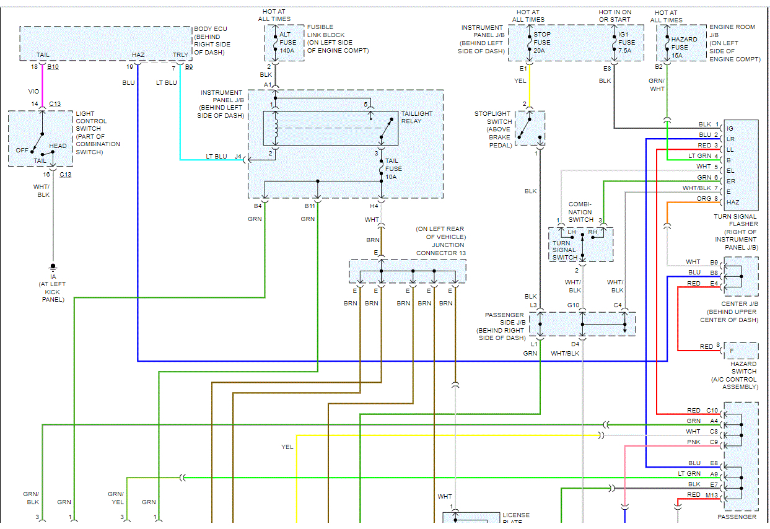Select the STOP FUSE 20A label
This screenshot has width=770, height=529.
[542, 43]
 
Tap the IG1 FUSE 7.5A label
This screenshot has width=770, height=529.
[626, 43]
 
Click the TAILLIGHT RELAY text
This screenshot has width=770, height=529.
[417, 117]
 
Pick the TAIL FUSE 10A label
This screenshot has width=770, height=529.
[393, 168]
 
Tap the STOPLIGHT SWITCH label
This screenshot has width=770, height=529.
[493, 129]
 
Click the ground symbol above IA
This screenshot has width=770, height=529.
[53, 268]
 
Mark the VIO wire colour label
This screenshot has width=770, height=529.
[33, 91]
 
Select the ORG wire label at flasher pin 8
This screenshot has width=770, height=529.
[704, 198]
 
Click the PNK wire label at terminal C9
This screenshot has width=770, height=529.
[694, 442]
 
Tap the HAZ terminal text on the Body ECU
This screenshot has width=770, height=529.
[138, 55]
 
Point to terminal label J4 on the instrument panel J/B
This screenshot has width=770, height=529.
[238, 157]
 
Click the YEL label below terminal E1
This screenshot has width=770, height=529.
[520, 81]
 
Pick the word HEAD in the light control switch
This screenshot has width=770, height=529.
[58, 146]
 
